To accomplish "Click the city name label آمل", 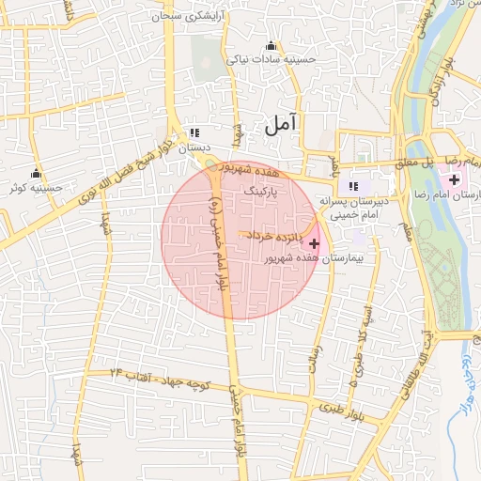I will click(x=280, y=123).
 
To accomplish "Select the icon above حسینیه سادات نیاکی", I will click(x=272, y=45).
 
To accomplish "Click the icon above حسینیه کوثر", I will click(x=37, y=173).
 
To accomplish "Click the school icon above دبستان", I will click(x=194, y=133).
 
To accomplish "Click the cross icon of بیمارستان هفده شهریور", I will click(x=313, y=243).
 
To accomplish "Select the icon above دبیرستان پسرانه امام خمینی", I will click(x=354, y=185).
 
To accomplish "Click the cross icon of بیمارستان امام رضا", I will click(x=455, y=178).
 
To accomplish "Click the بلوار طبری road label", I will click(x=348, y=410).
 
